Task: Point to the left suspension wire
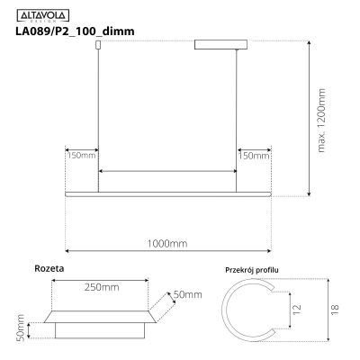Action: pyautogui.click(x=98, y=117)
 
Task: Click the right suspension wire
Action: pyautogui.click(x=238, y=117)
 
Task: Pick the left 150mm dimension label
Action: pyautogui.click(x=82, y=156)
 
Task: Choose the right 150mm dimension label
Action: pyautogui.click(x=255, y=156)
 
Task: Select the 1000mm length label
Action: pyautogui.click(x=167, y=244)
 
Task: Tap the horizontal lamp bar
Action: pyautogui.click(x=168, y=192)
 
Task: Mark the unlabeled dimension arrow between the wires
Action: pyautogui.click(x=167, y=170)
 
